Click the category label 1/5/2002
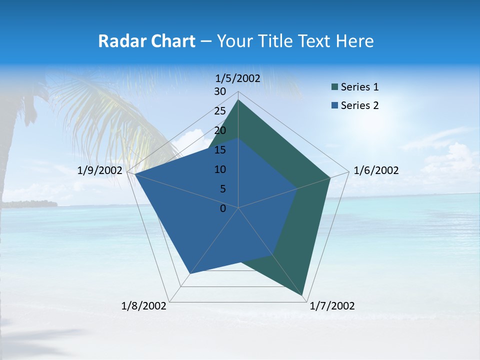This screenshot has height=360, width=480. click(x=238, y=78)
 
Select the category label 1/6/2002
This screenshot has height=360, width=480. click(x=376, y=170)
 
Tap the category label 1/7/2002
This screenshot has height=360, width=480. click(x=332, y=306)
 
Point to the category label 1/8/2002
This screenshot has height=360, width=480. click(x=144, y=306)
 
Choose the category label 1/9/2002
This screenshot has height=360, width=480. click(x=100, y=170)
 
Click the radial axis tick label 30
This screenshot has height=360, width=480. click(x=220, y=91)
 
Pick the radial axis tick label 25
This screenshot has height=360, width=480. click(x=220, y=111)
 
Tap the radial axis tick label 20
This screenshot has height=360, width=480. click(x=220, y=130)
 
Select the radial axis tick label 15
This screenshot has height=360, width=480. click(x=220, y=150)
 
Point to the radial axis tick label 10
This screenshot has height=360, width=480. click(x=220, y=169)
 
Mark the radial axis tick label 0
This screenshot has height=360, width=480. click(x=223, y=208)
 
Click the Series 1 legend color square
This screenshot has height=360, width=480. click(x=334, y=87)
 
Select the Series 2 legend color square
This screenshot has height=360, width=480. click(x=334, y=105)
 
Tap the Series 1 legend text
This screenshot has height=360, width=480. click(x=359, y=87)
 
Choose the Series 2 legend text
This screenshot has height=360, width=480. click(x=359, y=105)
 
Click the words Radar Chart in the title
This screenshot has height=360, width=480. click(x=146, y=41)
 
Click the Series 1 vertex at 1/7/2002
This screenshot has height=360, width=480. click(x=303, y=296)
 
